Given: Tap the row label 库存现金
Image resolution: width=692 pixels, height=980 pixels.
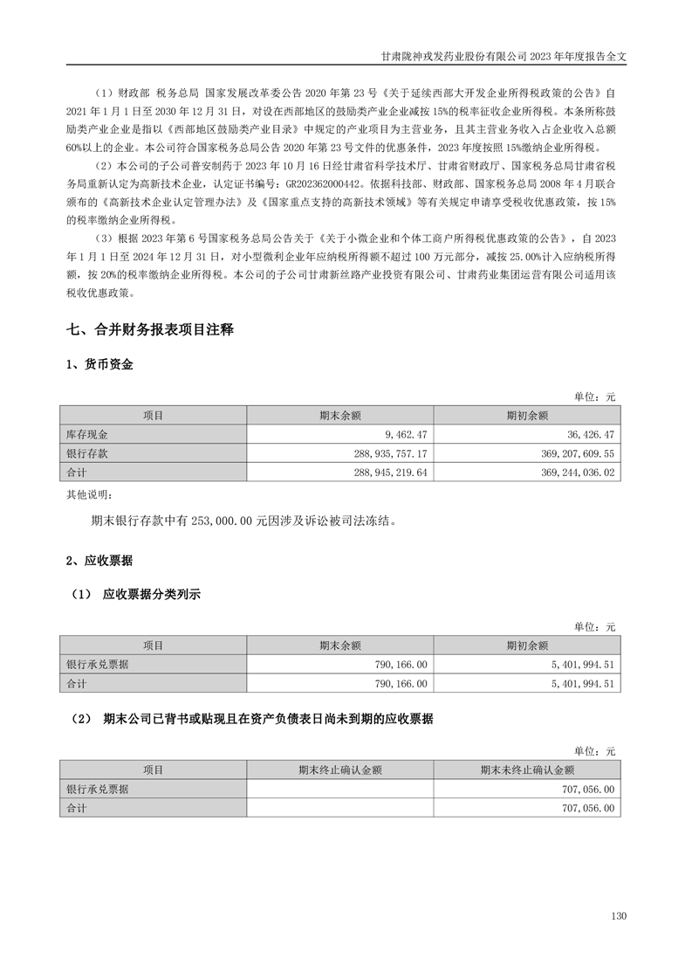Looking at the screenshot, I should [x=86, y=434].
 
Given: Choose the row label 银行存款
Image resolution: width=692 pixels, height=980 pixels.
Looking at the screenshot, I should [x=86, y=453].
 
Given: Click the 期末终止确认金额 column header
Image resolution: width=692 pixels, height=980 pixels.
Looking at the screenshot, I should [x=340, y=770].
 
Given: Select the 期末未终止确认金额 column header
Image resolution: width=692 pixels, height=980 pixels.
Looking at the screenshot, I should [x=526, y=770].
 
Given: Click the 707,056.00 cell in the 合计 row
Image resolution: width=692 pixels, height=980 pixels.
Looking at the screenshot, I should [x=584, y=809].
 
